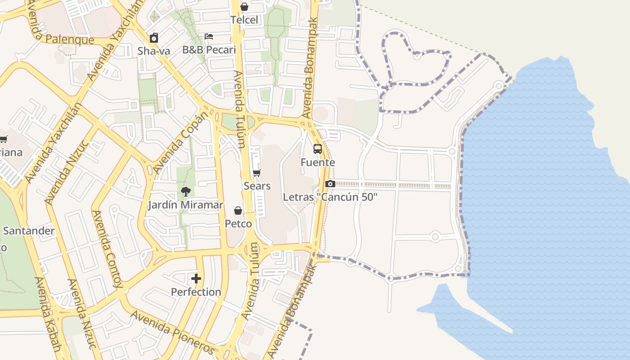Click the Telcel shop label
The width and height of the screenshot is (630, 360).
[x=244, y=20]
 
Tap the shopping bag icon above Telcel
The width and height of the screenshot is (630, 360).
[x=244, y=7]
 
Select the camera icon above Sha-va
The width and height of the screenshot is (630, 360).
[x=154, y=38]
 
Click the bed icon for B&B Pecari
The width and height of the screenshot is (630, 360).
[x=209, y=36]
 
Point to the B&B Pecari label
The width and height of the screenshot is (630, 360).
[x=209, y=49]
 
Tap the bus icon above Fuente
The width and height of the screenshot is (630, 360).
[x=318, y=149]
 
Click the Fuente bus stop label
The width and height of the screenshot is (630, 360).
[x=318, y=162]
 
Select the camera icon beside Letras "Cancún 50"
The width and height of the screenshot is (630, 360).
[x=330, y=184]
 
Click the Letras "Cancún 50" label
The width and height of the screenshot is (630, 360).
[x=330, y=197]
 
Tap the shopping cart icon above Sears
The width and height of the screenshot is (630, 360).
[x=257, y=173]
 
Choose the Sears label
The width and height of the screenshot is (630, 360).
[x=257, y=186]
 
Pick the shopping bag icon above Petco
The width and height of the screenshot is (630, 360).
[x=238, y=211]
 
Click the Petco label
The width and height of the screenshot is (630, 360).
[x=238, y=224]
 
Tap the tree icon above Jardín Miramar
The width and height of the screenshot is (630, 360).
[x=185, y=192]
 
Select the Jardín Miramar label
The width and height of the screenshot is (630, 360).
[x=185, y=205]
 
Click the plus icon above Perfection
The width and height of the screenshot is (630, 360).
[x=196, y=279]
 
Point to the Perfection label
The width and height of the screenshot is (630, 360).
[x=196, y=292]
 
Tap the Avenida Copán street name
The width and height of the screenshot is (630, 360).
[x=181, y=142]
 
